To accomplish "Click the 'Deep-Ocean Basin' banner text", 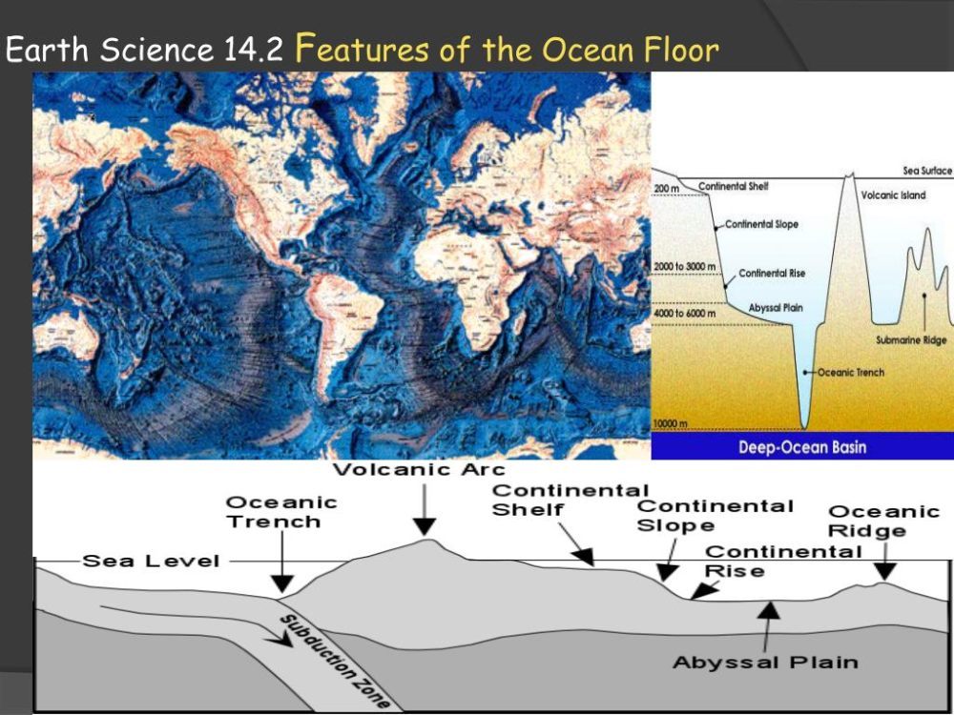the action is (802, 447).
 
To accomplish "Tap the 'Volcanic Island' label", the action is (893, 195).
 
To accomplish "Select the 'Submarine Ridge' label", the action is (911, 340).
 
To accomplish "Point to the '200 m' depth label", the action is (667, 189).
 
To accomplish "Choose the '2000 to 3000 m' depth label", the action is (684, 267).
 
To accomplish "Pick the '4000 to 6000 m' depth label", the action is (685, 313).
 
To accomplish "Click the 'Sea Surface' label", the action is (927, 171).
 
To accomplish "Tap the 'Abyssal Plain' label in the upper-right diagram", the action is (776, 308).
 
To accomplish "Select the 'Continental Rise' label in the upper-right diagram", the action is (772, 274).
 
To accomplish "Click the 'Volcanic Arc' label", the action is (419, 469).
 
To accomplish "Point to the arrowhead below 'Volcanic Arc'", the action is (425, 526).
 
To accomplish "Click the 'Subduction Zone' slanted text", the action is (335, 662).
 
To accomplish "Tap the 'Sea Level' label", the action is (151, 561).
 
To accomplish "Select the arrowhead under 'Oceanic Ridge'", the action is (885, 571).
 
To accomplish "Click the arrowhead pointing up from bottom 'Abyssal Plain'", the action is (769, 610).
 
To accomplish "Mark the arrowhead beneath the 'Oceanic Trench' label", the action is (281, 583).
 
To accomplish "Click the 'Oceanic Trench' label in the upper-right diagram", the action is (851, 372).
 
